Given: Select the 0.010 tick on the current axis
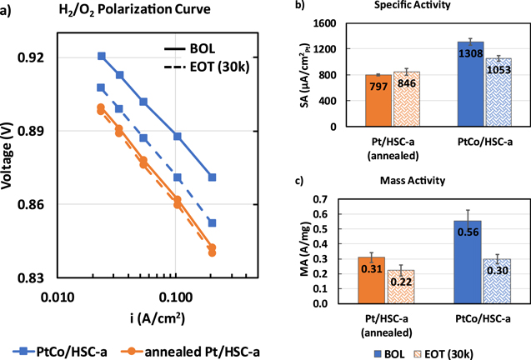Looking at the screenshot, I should (57, 293).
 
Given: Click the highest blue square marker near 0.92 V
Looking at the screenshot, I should (102, 56).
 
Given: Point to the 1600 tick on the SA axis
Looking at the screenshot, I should (337, 23).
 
